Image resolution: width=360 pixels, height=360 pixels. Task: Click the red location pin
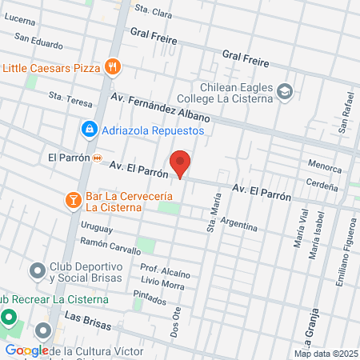pyautogui.click(x=181, y=163)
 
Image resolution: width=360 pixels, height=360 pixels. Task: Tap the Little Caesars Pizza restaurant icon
pyautogui.click(x=113, y=67)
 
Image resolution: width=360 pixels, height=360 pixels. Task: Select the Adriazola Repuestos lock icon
pyautogui.click(x=88, y=129)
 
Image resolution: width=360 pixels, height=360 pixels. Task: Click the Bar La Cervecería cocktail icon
pyautogui.click(x=73, y=198)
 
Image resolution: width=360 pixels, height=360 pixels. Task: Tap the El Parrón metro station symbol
pyautogui.click(x=97, y=158)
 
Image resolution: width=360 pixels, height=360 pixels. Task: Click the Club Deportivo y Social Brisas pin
pyautogui.click(x=37, y=271)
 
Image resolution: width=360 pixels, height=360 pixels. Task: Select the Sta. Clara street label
pyautogui.click(x=154, y=11)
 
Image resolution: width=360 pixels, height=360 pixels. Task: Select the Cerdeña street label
pyautogui.click(x=322, y=182)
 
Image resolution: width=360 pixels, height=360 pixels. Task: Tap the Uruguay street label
pyautogui.click(x=96, y=226)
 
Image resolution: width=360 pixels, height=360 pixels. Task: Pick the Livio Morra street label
pyautogui.click(x=162, y=283)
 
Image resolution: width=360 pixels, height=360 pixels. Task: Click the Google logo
pyautogui.click(x=27, y=350)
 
